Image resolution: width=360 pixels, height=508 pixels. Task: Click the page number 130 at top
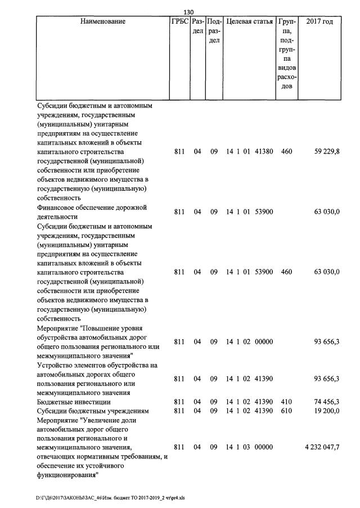pyautogui.click(x=189, y=12)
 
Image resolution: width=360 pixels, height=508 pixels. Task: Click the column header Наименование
pyautogui.click(x=103, y=22)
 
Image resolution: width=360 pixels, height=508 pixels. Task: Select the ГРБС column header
pyautogui.click(x=180, y=22)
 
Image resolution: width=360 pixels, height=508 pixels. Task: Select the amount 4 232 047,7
pyautogui.click(x=322, y=447)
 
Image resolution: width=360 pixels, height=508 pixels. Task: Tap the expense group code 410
pyautogui.click(x=286, y=402)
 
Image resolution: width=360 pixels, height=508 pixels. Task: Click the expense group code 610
pyautogui.click(x=286, y=411)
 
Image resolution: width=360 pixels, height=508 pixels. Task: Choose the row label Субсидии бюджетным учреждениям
pyautogui.click(x=92, y=411)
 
